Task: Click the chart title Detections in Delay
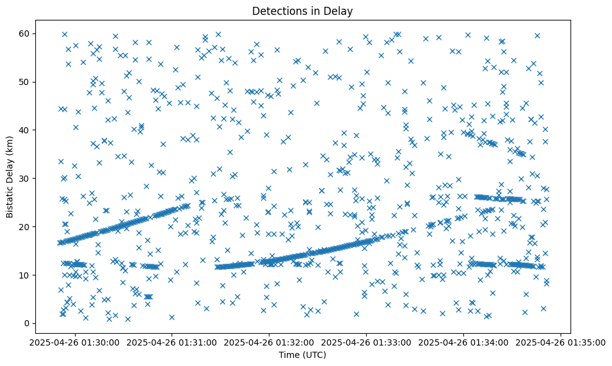(302, 11)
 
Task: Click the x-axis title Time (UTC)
(302, 355)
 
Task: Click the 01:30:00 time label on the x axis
(74, 342)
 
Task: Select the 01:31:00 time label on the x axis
(172, 342)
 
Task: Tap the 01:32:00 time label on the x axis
(269, 342)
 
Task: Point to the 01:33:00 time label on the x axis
(366, 342)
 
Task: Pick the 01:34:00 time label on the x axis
(463, 342)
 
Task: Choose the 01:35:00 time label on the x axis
(561, 342)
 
